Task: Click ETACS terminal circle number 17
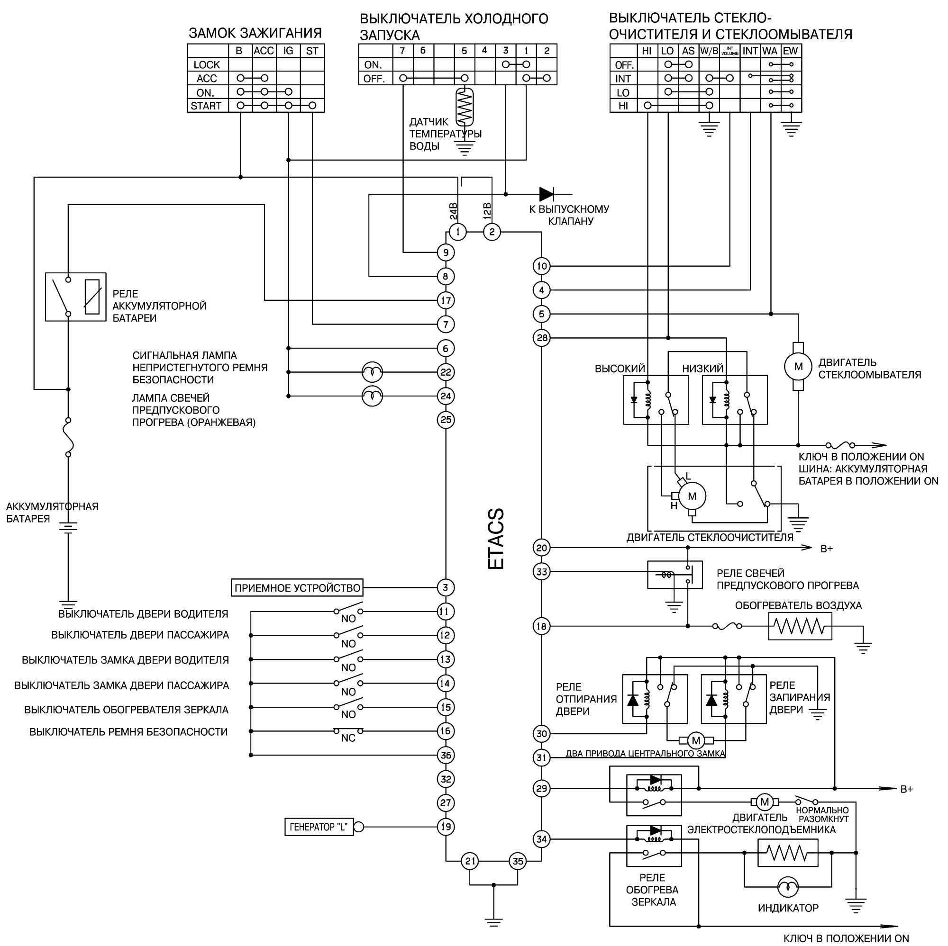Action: pyautogui.click(x=446, y=300)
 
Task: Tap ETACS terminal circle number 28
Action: pyautogui.click(x=542, y=338)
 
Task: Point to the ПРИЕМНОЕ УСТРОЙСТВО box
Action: pyautogui.click(x=297, y=587)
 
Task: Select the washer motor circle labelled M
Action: pyautogui.click(x=798, y=366)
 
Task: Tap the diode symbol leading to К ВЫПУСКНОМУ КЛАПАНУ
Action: pyautogui.click(x=547, y=194)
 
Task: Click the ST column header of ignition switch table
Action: pyautogui.click(x=312, y=51)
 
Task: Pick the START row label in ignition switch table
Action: pyautogui.click(x=206, y=106)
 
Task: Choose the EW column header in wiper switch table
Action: pyautogui.click(x=790, y=51)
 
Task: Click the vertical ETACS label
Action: pyautogui.click(x=496, y=539)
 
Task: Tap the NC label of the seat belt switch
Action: pyautogui.click(x=348, y=738)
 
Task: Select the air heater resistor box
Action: pyautogui.click(x=800, y=626)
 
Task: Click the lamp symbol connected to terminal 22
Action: pyautogui.click(x=372, y=372)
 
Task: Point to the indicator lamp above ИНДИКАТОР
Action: pyautogui.click(x=788, y=887)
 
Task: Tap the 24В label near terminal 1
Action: pyautogui.click(x=454, y=211)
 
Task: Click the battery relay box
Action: pyautogui.click(x=75, y=297)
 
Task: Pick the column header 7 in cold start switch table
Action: pyautogui.click(x=402, y=51)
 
